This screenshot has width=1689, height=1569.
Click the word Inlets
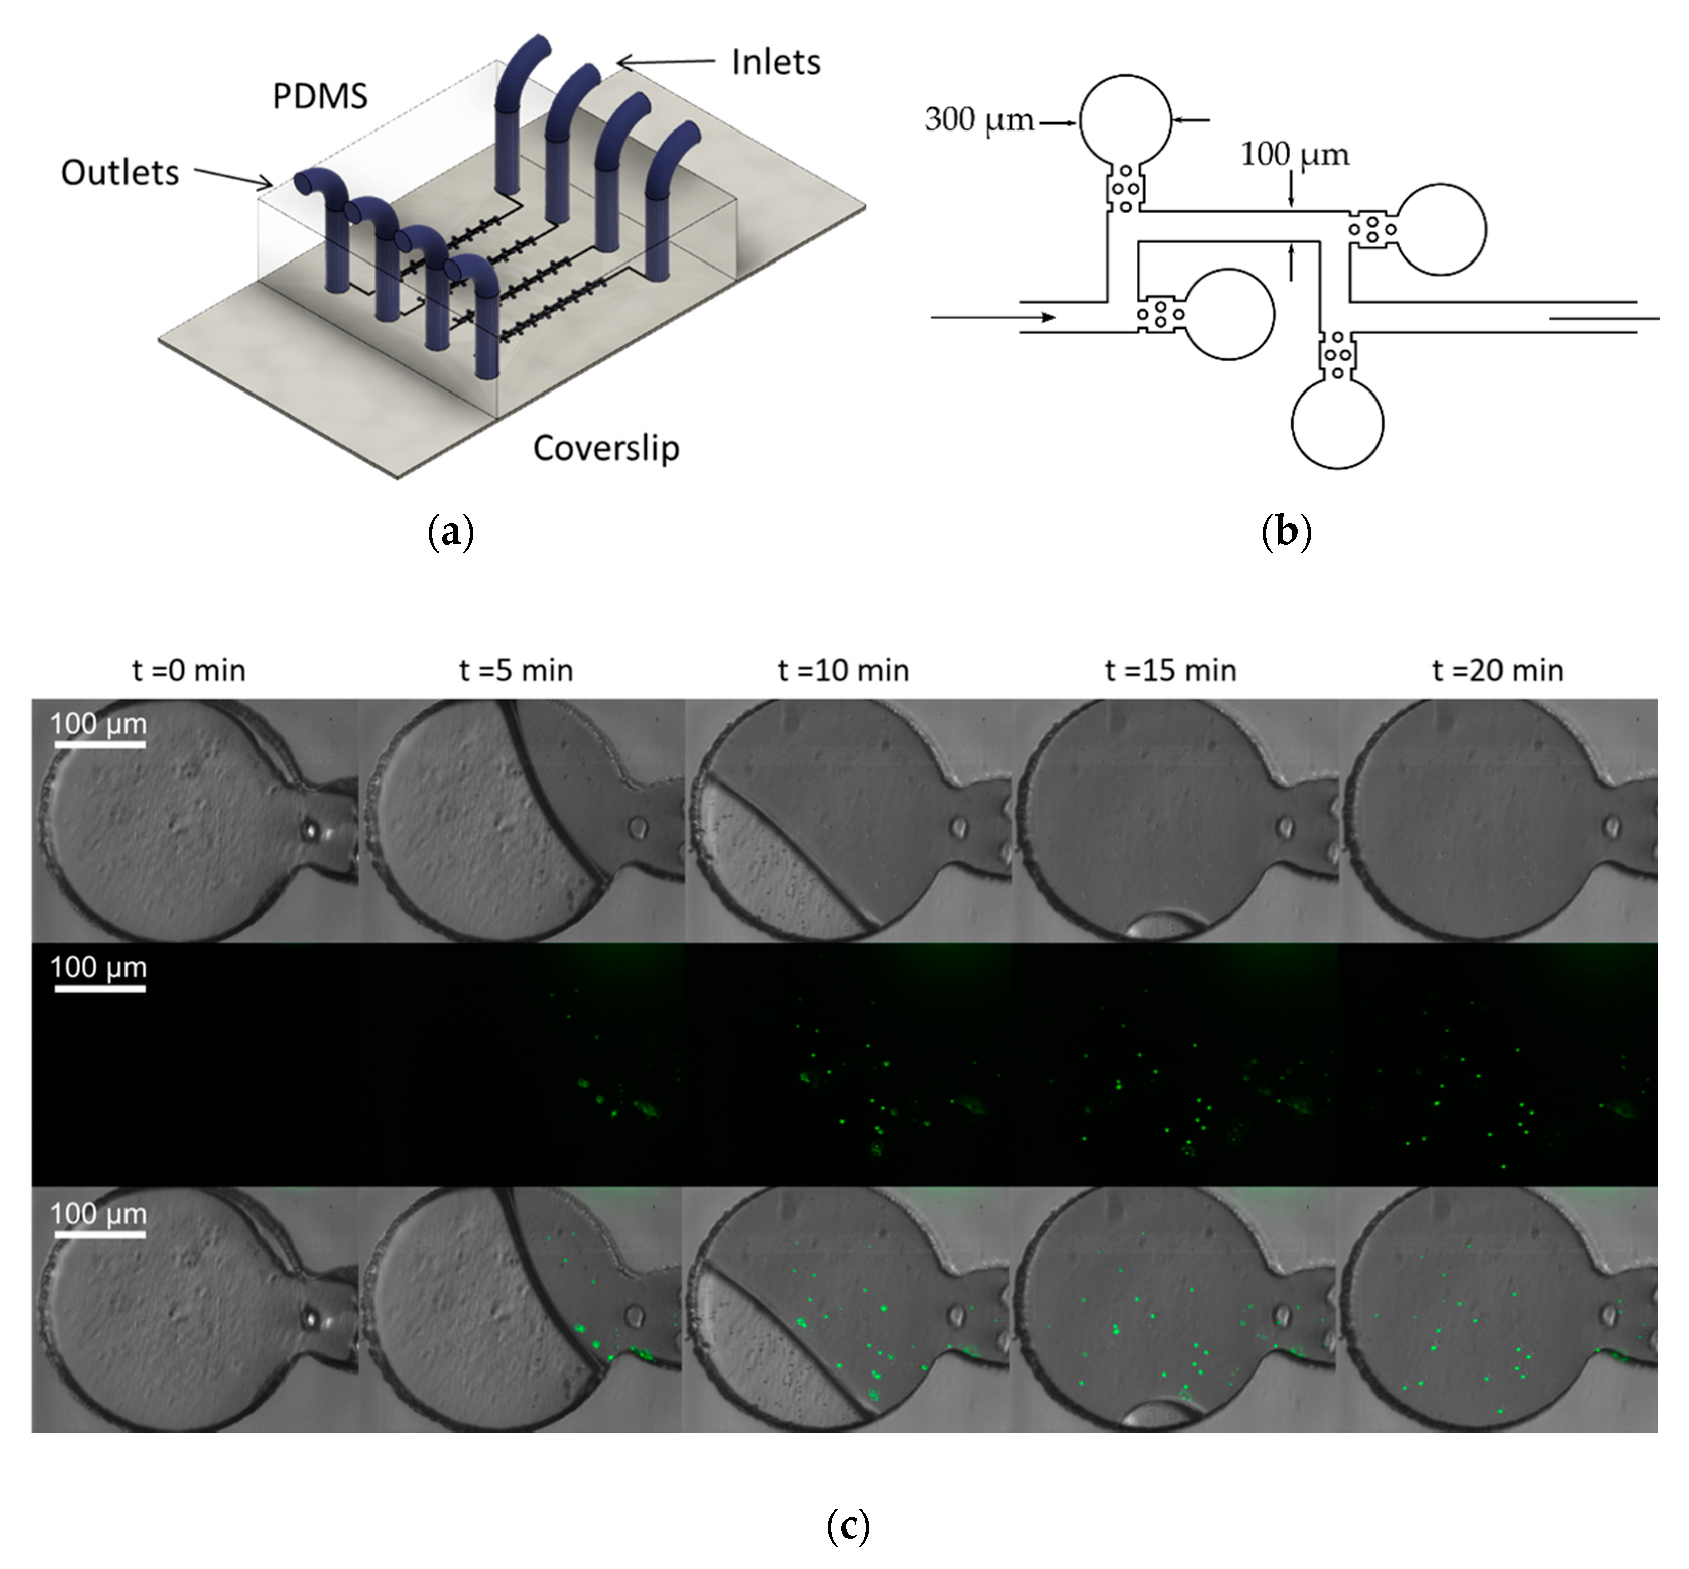775,62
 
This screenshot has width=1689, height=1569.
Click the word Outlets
120,172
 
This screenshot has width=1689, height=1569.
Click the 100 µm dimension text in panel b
1294,155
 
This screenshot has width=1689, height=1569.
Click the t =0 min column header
189,670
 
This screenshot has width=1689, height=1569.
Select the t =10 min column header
842,670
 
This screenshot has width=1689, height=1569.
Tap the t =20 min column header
1497,670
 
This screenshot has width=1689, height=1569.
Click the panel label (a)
450,533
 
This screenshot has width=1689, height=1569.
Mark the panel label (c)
847,1526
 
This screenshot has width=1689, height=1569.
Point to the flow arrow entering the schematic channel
993,317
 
